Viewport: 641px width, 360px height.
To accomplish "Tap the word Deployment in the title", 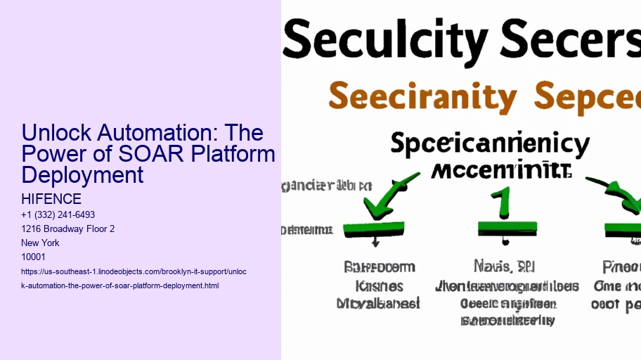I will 82,174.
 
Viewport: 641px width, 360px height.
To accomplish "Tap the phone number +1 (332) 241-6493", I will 58,214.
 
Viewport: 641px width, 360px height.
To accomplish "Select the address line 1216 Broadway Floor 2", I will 68,229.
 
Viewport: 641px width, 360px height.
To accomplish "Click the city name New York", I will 41,243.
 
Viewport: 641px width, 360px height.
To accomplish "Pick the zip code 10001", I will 34,257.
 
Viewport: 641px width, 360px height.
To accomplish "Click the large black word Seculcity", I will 380,40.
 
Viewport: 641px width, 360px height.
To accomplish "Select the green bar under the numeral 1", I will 507,228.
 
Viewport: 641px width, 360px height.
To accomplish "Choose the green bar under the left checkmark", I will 373,228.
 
